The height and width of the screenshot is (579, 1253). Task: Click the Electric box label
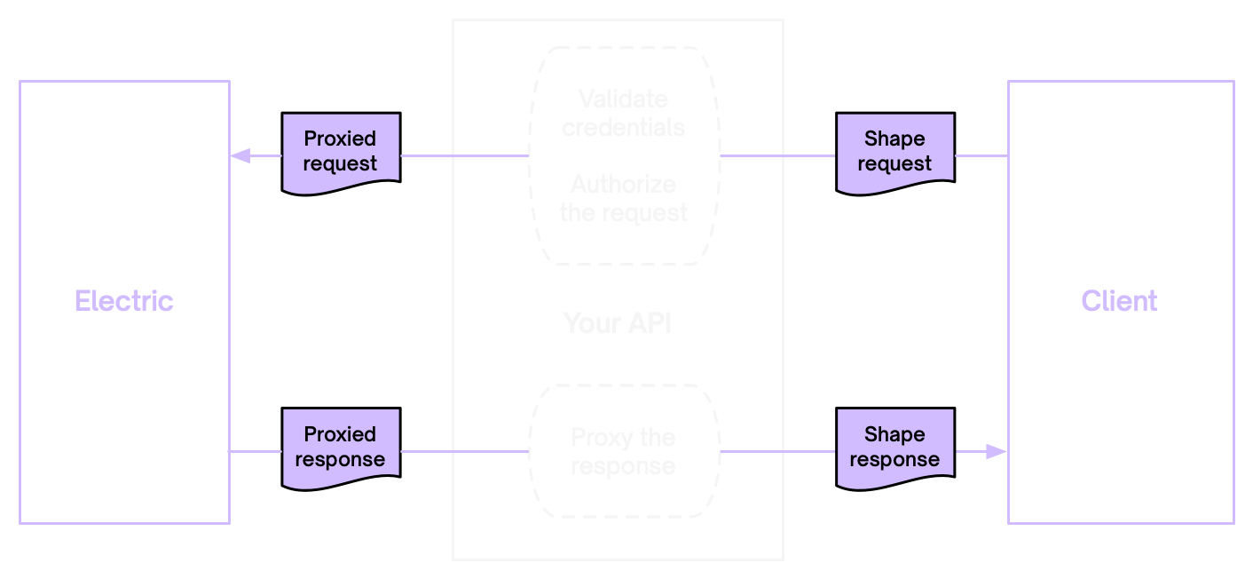tap(124, 301)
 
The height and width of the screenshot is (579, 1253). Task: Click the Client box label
tap(1119, 301)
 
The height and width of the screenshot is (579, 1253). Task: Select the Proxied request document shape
tap(341, 152)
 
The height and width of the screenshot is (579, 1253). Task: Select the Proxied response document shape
tap(341, 448)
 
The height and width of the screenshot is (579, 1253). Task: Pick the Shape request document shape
tap(894, 152)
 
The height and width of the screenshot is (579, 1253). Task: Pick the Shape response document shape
tap(894, 448)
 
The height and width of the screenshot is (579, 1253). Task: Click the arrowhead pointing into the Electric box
tap(240, 156)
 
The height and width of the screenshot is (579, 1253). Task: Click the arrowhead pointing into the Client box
tap(997, 452)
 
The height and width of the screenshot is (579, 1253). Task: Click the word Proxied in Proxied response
tap(340, 434)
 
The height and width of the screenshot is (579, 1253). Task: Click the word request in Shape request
tap(894, 164)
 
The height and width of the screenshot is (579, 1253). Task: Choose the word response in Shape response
tap(894, 460)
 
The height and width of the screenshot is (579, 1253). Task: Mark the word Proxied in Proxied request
tap(340, 139)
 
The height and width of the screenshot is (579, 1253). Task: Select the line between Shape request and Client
tap(981, 156)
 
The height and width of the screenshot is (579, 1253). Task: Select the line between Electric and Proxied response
tap(256, 452)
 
